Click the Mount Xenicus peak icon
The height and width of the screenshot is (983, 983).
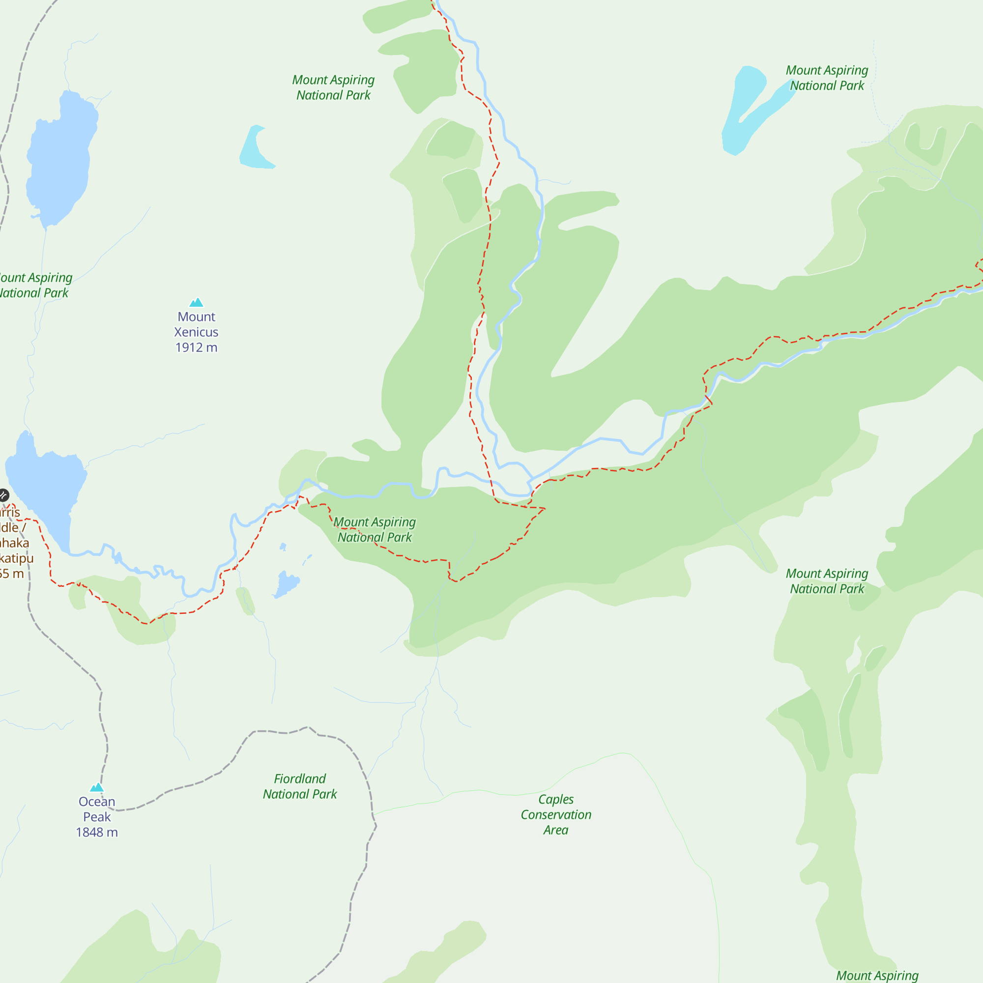pos(197,303)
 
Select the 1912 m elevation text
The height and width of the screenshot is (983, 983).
pos(197,347)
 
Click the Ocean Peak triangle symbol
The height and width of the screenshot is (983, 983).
pos(97,787)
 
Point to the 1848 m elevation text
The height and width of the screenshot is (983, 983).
pos(97,833)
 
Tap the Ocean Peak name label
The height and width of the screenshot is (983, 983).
pos(97,809)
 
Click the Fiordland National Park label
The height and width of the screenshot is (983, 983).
pos(300,786)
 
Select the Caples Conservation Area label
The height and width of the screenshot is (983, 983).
pos(555,814)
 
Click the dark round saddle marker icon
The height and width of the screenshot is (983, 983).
pos(3,494)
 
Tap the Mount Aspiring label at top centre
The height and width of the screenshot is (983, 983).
pos(333,87)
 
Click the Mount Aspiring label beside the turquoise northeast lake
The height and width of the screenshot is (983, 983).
pos(827,78)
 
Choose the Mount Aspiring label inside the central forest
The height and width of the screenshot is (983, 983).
pos(375,530)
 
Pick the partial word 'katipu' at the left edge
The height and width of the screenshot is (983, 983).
pos(16,558)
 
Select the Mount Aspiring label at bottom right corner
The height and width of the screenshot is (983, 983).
pos(877,975)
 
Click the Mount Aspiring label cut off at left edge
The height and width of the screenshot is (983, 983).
pos(34,285)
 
